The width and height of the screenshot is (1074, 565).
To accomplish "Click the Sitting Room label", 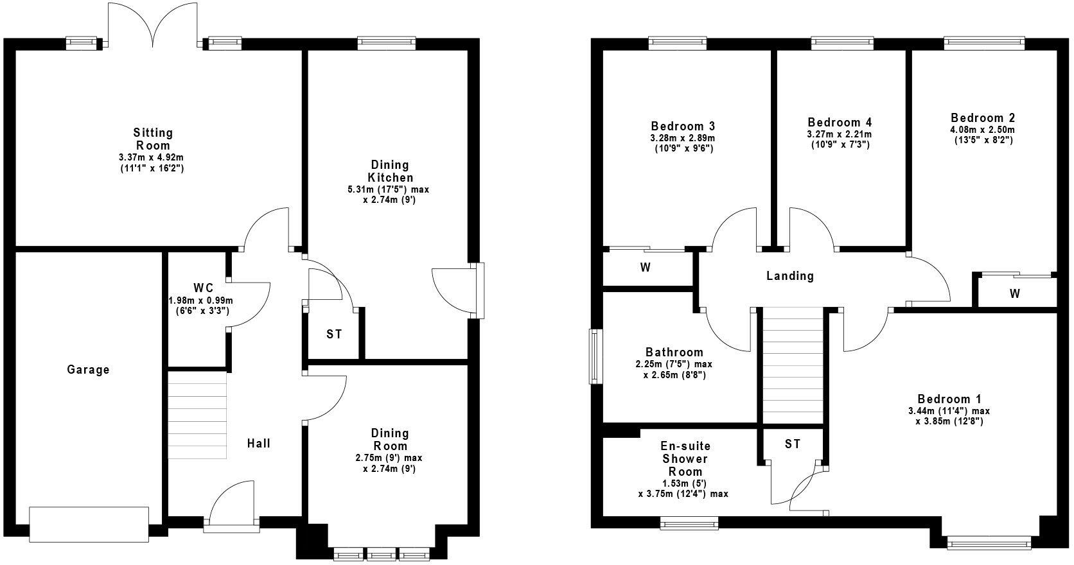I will pyautogui.click(x=153, y=139).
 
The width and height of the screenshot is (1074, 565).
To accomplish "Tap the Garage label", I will pyautogui.click(x=88, y=370).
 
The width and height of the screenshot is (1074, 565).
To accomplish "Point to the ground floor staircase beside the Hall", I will pyautogui.click(x=198, y=416).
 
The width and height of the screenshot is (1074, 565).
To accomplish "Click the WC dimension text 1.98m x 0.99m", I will pyautogui.click(x=200, y=300).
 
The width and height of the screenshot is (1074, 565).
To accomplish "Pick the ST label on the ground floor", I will pyautogui.click(x=334, y=335).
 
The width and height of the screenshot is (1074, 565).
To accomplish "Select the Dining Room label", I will pyautogui.click(x=390, y=440).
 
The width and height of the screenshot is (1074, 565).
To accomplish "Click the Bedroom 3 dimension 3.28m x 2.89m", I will pyautogui.click(x=682, y=138).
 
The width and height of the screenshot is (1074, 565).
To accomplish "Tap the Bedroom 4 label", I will pyautogui.click(x=840, y=123).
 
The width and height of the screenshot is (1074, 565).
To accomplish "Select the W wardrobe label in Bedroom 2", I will pyautogui.click(x=1014, y=294).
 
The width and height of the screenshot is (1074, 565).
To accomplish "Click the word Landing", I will pyautogui.click(x=789, y=276).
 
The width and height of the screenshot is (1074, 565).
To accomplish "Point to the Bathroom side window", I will pyautogui.click(x=595, y=356).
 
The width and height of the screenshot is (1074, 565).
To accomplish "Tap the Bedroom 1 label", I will pyautogui.click(x=949, y=399).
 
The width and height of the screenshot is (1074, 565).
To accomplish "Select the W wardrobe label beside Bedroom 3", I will pyautogui.click(x=645, y=268).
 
